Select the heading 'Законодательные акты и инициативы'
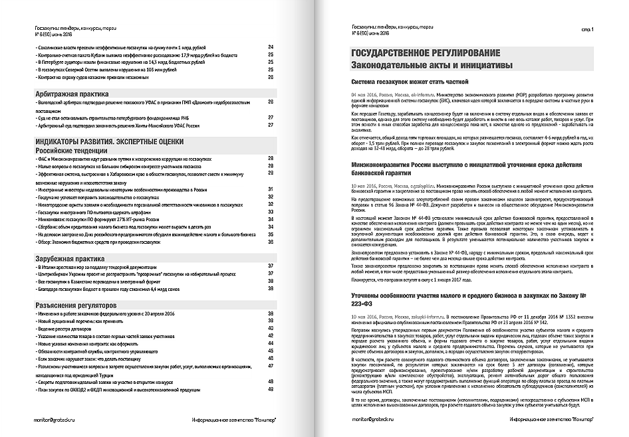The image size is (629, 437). [432, 65]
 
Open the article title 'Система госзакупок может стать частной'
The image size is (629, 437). [410, 82]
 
